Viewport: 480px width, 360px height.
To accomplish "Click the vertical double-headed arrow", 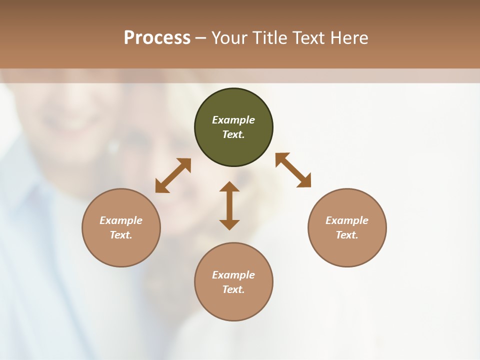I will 229,205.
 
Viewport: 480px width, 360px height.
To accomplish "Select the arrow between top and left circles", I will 173,175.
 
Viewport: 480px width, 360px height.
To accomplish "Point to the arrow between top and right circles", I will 293,170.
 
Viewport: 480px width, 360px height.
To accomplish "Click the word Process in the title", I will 157,37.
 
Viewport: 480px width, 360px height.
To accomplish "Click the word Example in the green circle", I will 233,120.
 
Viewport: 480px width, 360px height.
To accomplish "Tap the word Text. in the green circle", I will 233,134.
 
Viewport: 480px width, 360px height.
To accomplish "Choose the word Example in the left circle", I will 121,220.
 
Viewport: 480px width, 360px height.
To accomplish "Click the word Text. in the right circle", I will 347,235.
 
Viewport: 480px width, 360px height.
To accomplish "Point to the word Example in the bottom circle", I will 233,275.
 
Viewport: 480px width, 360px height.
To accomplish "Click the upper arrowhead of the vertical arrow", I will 229,186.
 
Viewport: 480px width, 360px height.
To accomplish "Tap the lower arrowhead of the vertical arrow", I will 229,224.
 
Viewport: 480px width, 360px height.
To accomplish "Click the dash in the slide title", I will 200,38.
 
